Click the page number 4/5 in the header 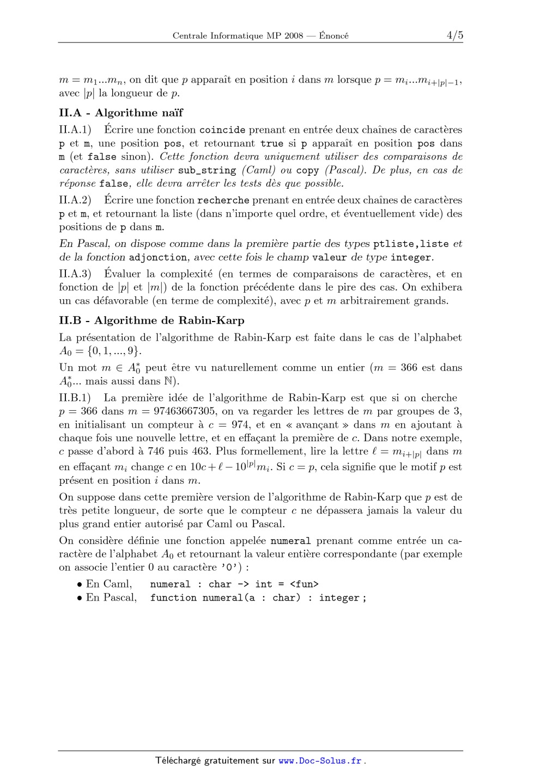click(x=454, y=35)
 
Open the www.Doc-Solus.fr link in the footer click(x=320, y=761)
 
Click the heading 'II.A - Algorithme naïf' click(x=121, y=113)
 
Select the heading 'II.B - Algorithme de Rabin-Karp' click(x=151, y=320)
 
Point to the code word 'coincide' click(x=222, y=130)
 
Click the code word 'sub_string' click(x=207, y=170)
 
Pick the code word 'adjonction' click(x=158, y=257)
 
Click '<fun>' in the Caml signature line click(x=304, y=584)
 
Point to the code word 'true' click(x=272, y=144)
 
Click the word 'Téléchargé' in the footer click(x=178, y=761)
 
